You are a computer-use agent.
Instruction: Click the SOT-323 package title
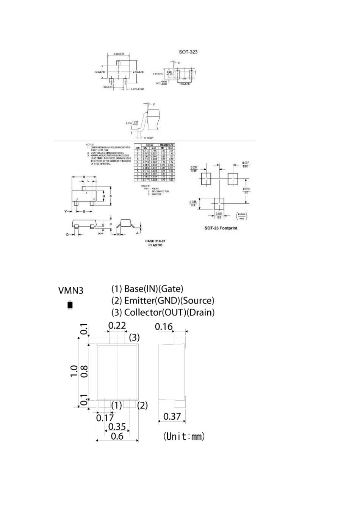(188, 52)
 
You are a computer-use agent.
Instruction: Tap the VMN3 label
(70, 290)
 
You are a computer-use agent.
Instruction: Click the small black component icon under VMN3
(70, 305)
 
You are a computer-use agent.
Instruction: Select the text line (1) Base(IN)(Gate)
(147, 289)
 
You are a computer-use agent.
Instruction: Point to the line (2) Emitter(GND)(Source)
(163, 301)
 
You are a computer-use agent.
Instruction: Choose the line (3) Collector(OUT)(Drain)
(163, 312)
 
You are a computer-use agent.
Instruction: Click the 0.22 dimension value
(117, 325)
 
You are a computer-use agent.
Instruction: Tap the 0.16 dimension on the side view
(164, 326)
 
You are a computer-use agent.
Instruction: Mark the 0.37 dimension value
(172, 417)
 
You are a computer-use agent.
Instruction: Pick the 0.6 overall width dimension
(117, 436)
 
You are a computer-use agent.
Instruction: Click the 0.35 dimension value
(117, 427)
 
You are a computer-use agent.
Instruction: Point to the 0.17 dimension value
(105, 418)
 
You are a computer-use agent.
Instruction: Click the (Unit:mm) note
(184, 436)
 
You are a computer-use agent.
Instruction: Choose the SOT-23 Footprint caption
(221, 228)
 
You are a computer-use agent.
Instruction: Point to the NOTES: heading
(89, 145)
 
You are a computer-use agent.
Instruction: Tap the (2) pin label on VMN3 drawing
(142, 405)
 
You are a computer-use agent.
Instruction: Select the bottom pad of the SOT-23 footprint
(219, 203)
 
